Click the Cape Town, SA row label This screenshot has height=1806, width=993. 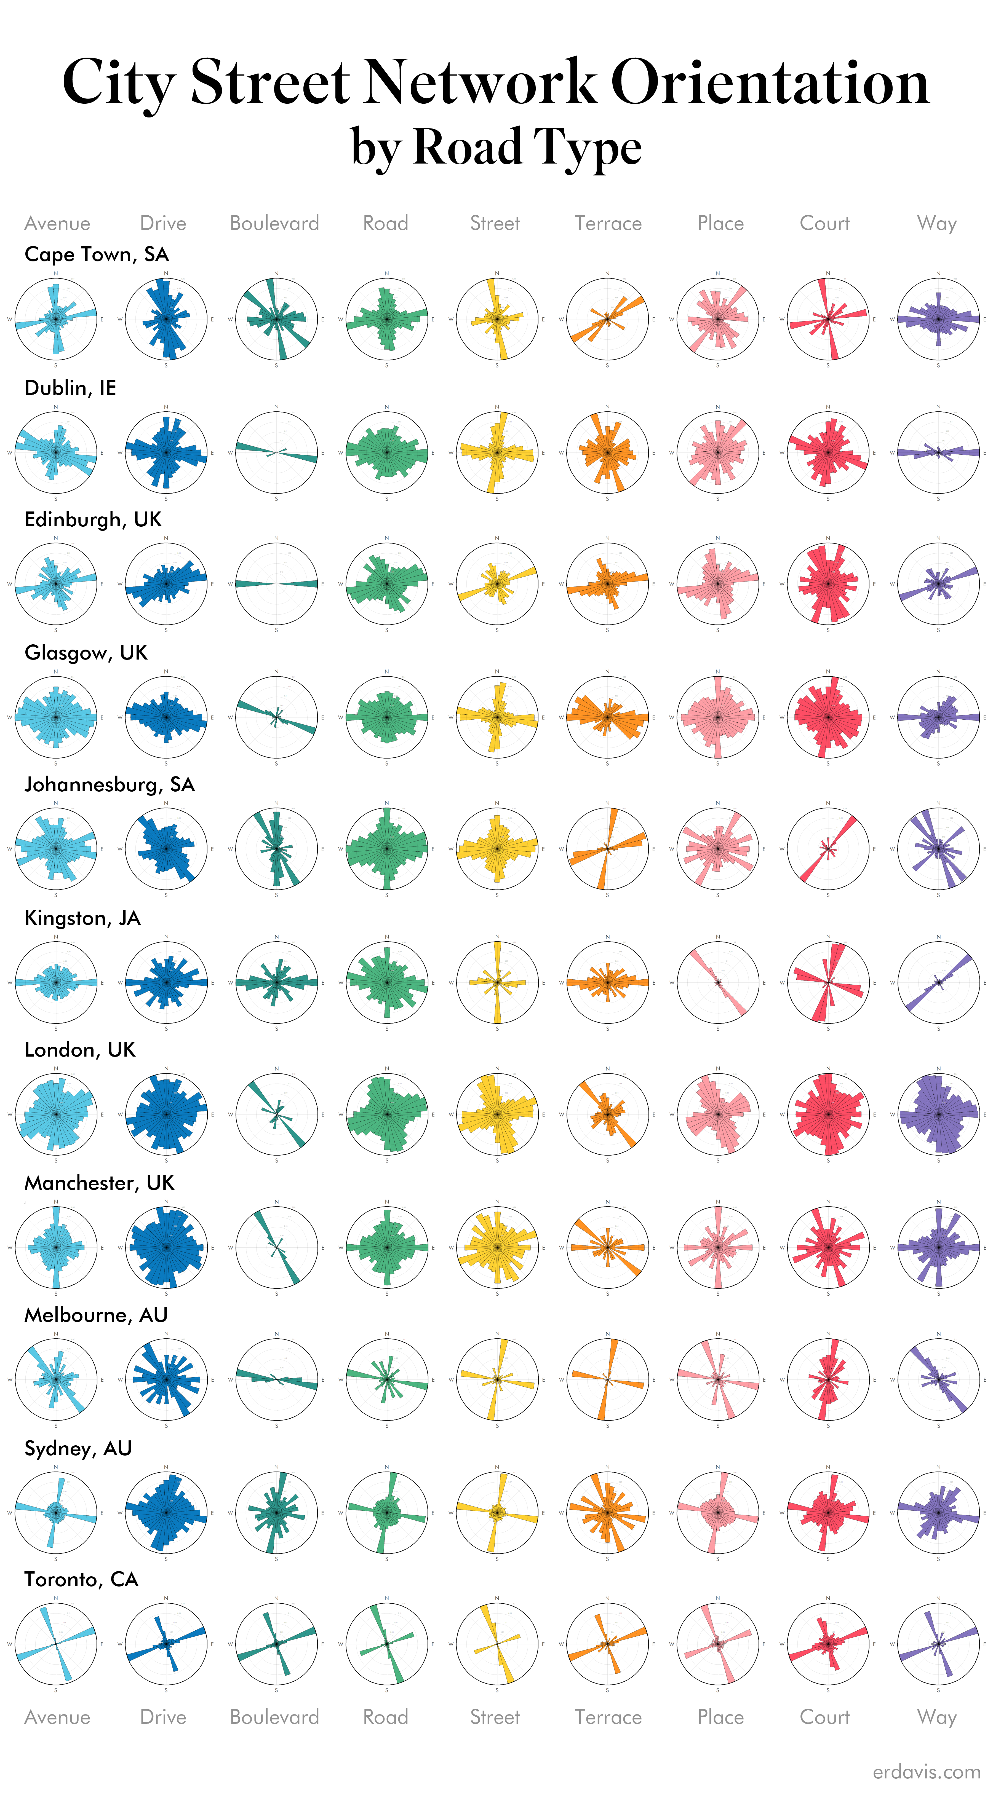point(97,254)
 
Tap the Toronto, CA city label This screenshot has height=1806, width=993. point(81,1580)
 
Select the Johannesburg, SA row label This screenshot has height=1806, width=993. point(110,784)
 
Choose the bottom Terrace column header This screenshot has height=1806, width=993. point(608,1717)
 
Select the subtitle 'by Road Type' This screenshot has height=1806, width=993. point(496,147)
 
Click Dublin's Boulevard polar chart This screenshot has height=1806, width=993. point(276,452)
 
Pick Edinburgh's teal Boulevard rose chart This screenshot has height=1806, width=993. point(276,583)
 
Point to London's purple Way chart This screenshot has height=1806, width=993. point(938,1114)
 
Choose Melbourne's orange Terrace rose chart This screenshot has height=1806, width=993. point(607,1379)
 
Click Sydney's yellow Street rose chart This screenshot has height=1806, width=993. point(497,1512)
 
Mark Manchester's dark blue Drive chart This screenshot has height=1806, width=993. point(166,1247)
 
